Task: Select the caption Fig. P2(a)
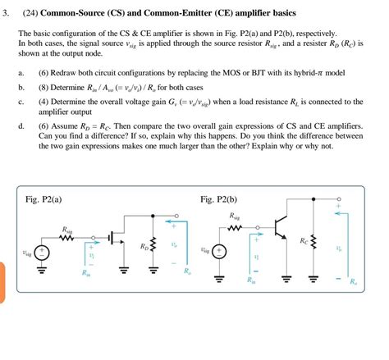pyautogui.click(x=45, y=199)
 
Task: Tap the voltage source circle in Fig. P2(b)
pyautogui.click(x=219, y=253)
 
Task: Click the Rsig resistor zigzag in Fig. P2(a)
pyautogui.click(x=67, y=239)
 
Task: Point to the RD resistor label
pyautogui.click(x=144, y=245)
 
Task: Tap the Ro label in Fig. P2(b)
pyautogui.click(x=353, y=280)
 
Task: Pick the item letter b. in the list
pyautogui.click(x=21, y=86)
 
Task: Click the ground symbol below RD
pyautogui.click(x=153, y=268)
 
